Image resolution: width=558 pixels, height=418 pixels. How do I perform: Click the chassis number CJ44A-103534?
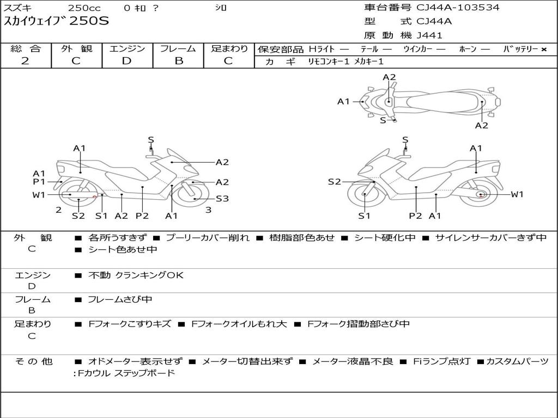pyautogui.click(x=458, y=8)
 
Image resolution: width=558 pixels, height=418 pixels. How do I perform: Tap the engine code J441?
pyautogui.click(x=429, y=35)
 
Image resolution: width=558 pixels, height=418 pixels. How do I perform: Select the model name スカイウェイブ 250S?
pyautogui.click(x=56, y=21)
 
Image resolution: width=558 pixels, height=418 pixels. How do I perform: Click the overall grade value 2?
pyautogui.click(x=25, y=61)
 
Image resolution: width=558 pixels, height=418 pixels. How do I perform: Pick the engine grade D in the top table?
pyautogui.click(x=126, y=61)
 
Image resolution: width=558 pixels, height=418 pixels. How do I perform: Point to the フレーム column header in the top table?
pyautogui.click(x=178, y=48)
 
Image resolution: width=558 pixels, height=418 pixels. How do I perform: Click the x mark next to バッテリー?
pyautogui.click(x=544, y=50)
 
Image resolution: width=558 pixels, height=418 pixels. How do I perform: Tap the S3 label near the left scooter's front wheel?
pyautogui.click(x=222, y=199)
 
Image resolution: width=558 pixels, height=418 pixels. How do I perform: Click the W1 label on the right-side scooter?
pyautogui.click(x=517, y=194)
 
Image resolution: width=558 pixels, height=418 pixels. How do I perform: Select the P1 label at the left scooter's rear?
pyautogui.click(x=39, y=182)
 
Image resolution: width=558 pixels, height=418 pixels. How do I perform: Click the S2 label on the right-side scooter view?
pyautogui.click(x=335, y=182)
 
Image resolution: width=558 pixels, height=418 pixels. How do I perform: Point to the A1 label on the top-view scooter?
pyautogui.click(x=344, y=102)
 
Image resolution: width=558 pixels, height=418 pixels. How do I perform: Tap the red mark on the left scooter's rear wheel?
pyautogui.click(x=95, y=196)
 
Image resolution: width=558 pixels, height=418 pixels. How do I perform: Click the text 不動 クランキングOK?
pyautogui.click(x=136, y=275)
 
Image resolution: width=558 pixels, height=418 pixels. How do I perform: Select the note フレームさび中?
pyautogui.click(x=120, y=299)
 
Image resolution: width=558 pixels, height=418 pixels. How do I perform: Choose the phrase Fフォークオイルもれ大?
pyautogui.click(x=239, y=324)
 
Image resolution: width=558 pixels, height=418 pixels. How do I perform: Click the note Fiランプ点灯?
pyautogui.click(x=441, y=361)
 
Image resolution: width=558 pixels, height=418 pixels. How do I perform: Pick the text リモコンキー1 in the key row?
pyautogui.click(x=329, y=62)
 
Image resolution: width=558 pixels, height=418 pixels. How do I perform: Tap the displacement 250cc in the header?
pyautogui.click(x=84, y=8)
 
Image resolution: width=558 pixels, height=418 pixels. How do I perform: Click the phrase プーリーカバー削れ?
pyautogui.click(x=208, y=237)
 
